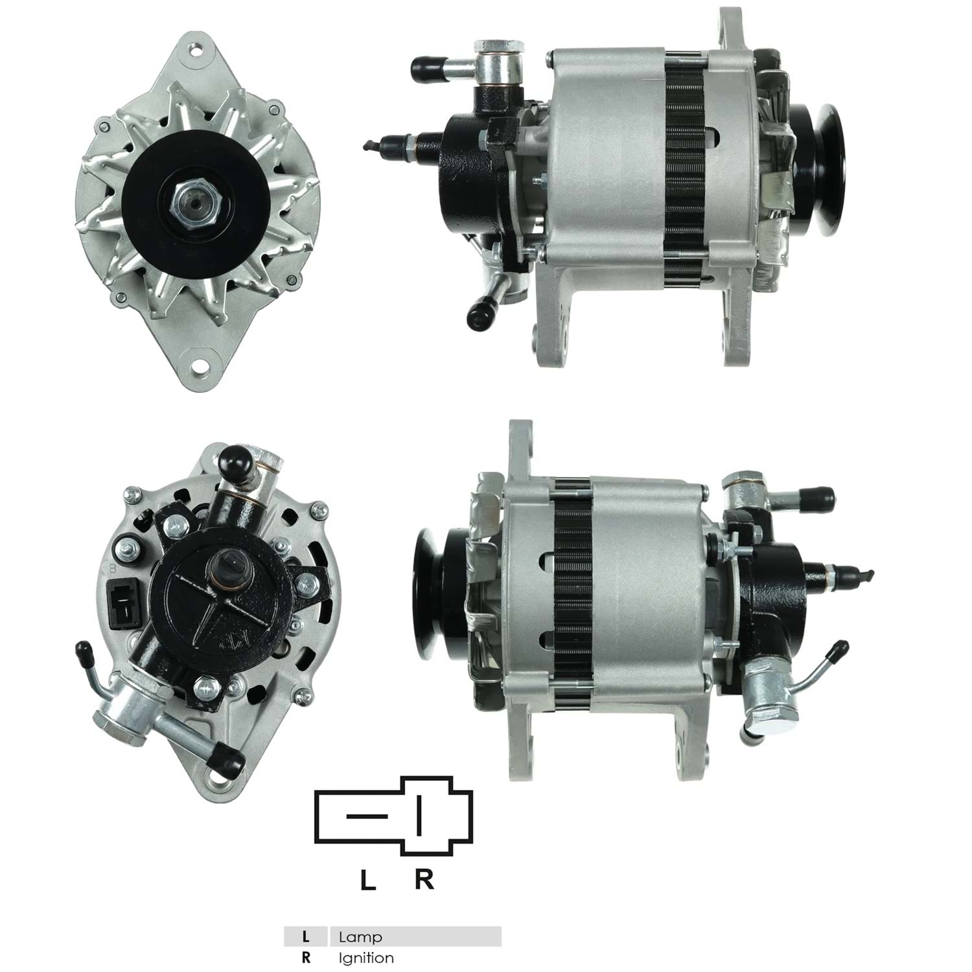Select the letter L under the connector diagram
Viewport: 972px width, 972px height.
(x=368, y=880)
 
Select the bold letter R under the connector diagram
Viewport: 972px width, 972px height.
(x=424, y=879)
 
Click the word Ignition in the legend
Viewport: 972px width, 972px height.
(x=366, y=958)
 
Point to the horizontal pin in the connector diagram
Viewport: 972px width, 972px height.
(x=367, y=815)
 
